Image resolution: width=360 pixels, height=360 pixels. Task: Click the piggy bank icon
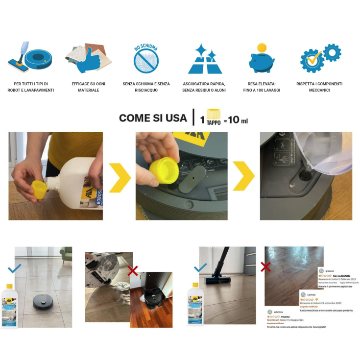point(262,58)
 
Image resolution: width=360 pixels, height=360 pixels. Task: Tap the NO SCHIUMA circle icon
point(146,58)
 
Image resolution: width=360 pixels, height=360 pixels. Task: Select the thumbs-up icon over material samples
point(89,59)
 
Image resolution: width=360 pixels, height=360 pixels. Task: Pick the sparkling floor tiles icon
point(205,59)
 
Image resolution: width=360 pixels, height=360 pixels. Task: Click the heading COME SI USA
point(153,118)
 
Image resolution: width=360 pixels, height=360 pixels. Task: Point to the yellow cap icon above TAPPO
point(213,114)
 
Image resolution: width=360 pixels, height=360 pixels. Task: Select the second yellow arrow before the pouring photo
point(243,176)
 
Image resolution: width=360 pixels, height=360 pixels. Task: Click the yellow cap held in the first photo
point(39,190)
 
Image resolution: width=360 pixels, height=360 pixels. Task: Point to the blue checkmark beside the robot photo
point(15,268)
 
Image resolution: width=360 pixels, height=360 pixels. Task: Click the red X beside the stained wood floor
point(266,267)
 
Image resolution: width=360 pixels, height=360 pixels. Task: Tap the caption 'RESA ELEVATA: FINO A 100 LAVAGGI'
point(262,87)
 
